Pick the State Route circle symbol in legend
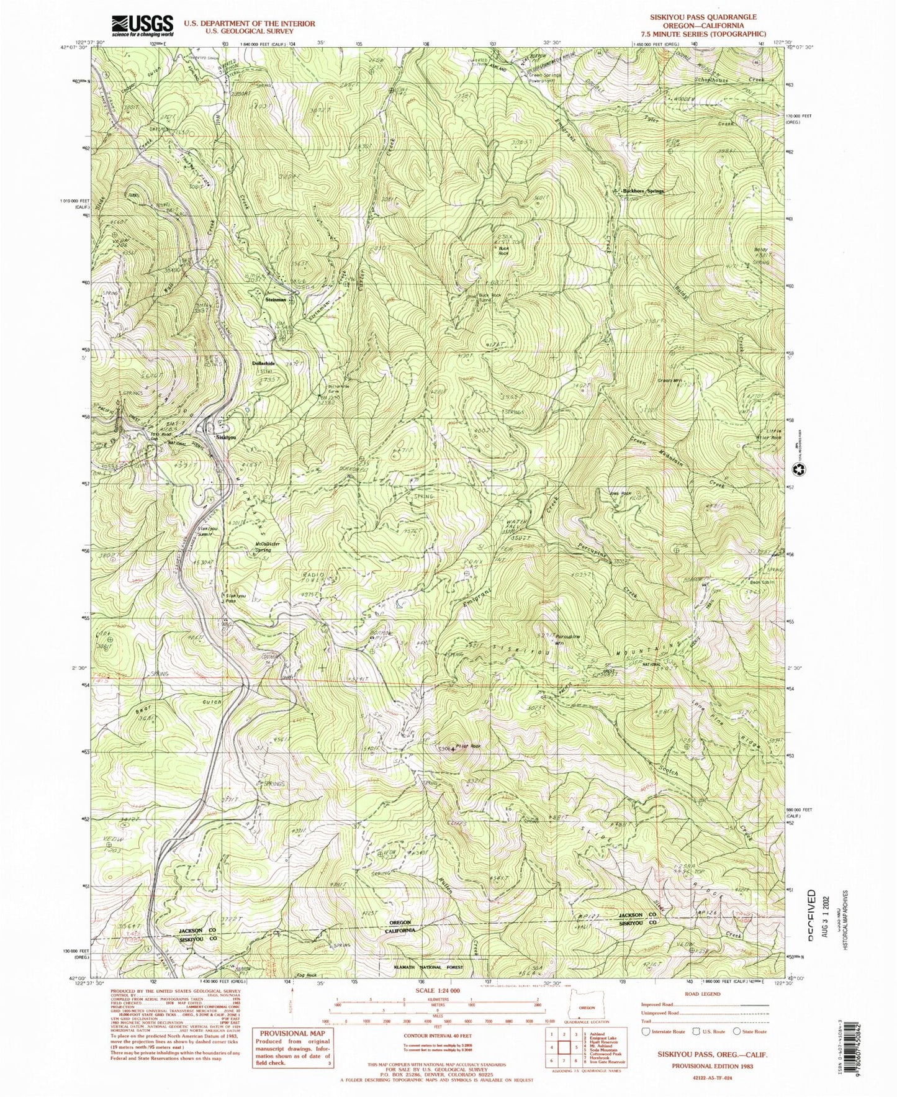pyautogui.click(x=737, y=1032)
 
